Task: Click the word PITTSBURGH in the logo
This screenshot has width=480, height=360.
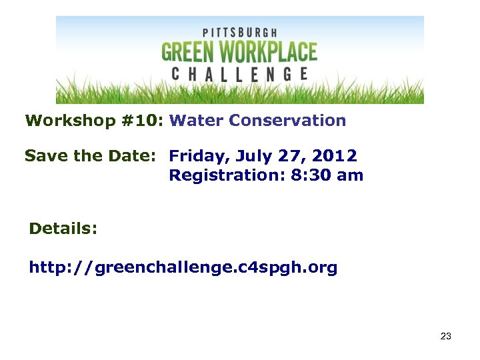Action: (239, 32)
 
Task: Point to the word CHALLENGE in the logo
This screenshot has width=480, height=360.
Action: (239, 73)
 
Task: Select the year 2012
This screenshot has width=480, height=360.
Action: (335, 156)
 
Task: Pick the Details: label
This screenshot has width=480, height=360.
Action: (63, 229)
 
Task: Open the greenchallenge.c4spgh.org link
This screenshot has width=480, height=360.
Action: (183, 268)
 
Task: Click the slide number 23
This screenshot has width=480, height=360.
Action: (446, 336)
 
